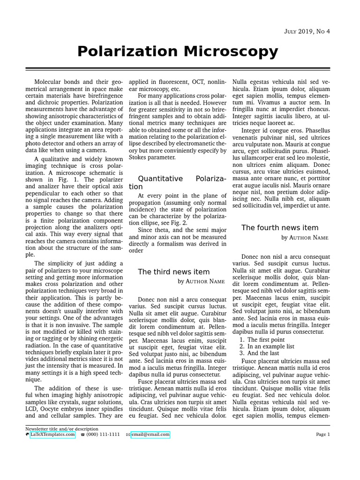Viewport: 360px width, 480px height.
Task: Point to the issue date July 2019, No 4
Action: (307, 31)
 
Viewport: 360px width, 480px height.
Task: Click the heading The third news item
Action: (173, 272)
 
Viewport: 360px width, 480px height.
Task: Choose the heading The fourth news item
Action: (279, 228)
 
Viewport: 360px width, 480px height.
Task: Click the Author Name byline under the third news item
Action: (201, 281)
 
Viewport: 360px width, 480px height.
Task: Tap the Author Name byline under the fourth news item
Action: (305, 238)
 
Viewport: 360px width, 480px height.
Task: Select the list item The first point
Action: (265, 339)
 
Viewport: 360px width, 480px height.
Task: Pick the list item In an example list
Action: (270, 346)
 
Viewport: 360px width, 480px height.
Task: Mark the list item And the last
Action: (262, 353)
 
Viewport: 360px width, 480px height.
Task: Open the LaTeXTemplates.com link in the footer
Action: (52, 435)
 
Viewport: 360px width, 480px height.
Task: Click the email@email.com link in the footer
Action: (150, 435)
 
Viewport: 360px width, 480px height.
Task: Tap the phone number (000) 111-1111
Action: (103, 435)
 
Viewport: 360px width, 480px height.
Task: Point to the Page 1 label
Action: (322, 435)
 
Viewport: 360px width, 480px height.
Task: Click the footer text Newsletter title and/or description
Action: (61, 428)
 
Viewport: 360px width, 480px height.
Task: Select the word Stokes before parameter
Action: (140, 157)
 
